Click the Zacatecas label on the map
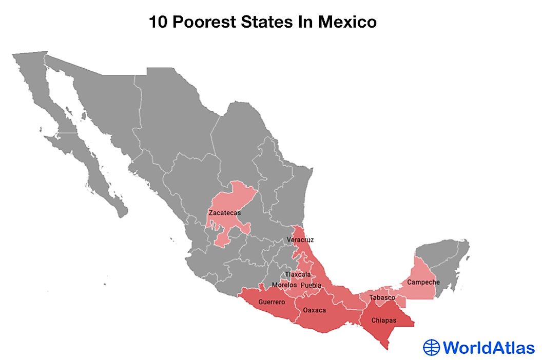tap(224, 212)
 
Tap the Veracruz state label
tap(300, 239)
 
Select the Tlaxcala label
tap(298, 274)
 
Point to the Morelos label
tap(284, 285)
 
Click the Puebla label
tap(311, 285)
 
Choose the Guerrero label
tap(272, 302)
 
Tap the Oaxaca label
tap(314, 310)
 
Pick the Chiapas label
tap(383, 321)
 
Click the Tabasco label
tap(382, 297)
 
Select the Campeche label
tap(423, 282)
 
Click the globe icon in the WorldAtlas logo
tap(432, 347)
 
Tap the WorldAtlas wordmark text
tap(488, 347)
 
